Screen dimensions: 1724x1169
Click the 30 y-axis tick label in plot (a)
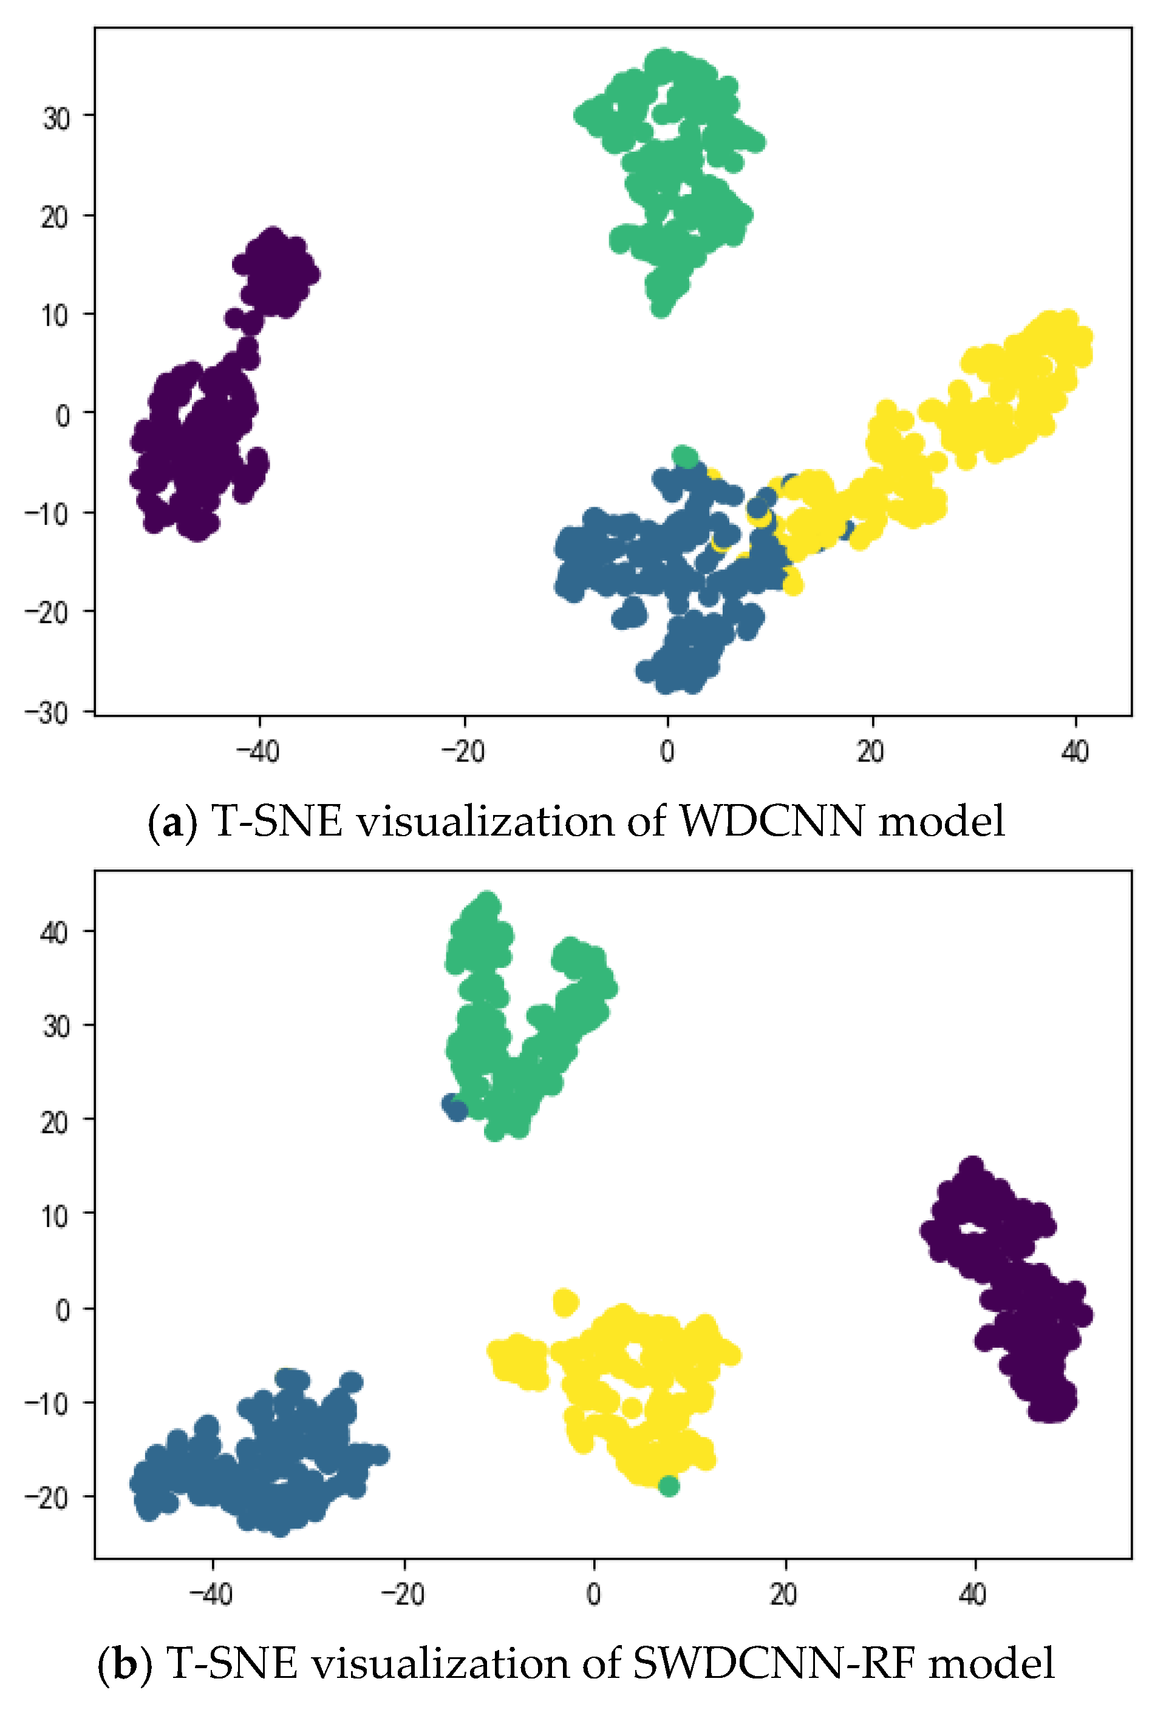coord(56,117)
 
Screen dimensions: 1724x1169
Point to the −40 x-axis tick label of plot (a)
coord(257,751)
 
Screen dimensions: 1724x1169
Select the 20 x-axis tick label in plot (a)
coord(871,751)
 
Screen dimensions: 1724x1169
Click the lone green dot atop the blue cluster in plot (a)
coord(684,457)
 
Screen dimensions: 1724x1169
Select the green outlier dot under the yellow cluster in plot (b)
coord(668,1486)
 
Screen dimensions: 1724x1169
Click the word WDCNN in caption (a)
coord(772,822)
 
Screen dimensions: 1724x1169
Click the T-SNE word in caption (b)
coord(230,1664)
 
